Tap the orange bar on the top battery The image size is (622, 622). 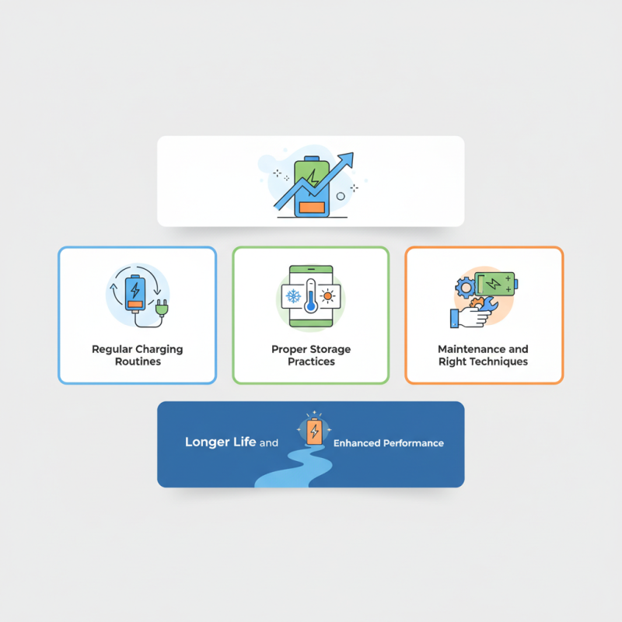[311, 208]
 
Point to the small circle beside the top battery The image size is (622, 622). [341, 197]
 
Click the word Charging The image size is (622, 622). [158, 350]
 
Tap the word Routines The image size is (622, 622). [137, 362]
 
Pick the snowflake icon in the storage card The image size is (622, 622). [295, 296]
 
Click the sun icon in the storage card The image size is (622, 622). [327, 296]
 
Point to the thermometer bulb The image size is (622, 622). [311, 306]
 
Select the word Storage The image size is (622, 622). [330, 350]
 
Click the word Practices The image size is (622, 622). [311, 362]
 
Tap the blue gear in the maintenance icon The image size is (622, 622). [466, 288]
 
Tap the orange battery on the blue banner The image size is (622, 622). [314, 431]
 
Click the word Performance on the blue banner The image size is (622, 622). [411, 443]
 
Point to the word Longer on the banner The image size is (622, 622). [204, 442]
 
